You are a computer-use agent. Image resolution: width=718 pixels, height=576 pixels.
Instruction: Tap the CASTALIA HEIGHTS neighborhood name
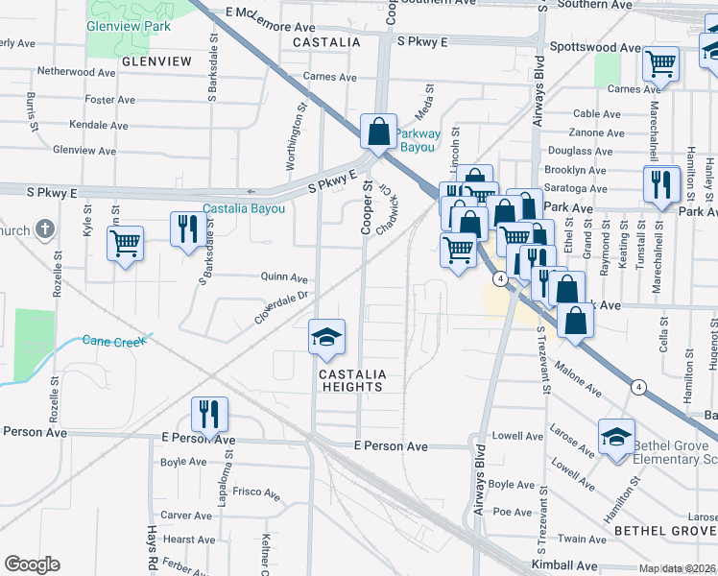351,380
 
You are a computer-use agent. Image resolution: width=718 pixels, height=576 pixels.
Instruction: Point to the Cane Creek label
112,341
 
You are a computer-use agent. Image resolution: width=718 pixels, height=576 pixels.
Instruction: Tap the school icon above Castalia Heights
326,336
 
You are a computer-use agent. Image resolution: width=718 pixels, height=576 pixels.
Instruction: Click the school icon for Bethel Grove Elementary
616,437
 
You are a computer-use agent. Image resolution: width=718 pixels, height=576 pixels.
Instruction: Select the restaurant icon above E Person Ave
209,414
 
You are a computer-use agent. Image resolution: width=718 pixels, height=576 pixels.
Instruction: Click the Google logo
31,564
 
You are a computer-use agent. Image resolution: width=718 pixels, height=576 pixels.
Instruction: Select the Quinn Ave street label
284,276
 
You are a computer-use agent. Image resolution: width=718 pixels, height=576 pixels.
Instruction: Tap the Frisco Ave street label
256,493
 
